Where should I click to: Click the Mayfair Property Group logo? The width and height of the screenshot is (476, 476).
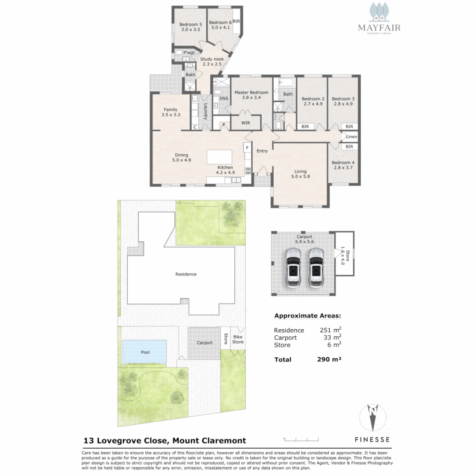pos(379,20)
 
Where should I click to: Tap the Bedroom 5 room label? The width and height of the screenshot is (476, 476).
pos(191,26)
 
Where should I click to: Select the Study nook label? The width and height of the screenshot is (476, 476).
pos(212,61)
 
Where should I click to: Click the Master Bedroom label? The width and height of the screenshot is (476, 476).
pos(251,95)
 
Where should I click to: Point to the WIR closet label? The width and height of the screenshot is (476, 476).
pos(245,123)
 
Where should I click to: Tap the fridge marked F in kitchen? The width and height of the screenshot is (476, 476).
pos(248,148)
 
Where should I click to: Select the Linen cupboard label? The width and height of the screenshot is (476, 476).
pos(351,137)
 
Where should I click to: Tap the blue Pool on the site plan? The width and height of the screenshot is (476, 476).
pos(145,352)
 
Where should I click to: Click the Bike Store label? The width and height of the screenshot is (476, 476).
pos(238,339)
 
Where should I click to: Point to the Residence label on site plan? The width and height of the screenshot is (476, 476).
pos(186,274)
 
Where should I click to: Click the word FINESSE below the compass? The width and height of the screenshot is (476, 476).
pos(372,439)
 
